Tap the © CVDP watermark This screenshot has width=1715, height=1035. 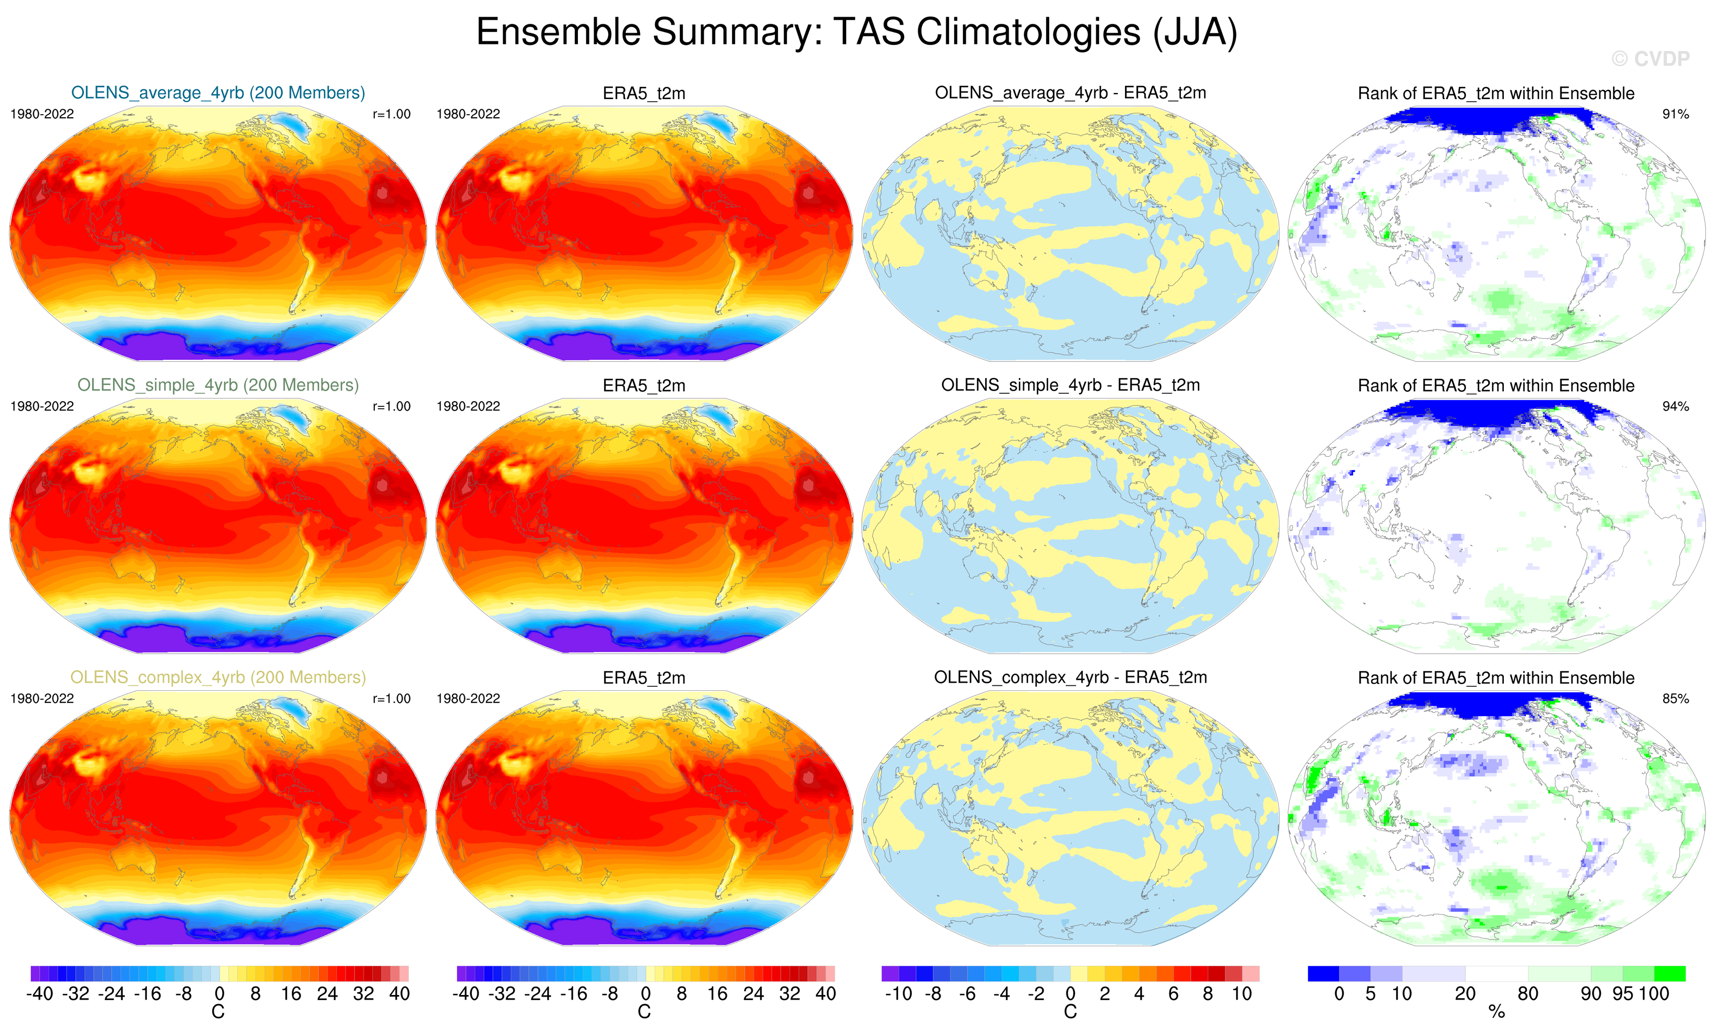pos(1650,59)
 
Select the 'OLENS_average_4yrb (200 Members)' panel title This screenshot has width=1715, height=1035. pos(218,92)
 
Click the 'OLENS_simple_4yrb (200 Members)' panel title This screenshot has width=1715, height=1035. pos(218,385)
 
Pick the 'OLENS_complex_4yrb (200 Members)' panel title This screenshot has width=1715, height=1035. pos(218,677)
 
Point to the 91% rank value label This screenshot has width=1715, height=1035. pos(1675,114)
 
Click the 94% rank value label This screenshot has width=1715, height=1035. pos(1675,406)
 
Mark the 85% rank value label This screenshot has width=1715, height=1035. pos(1675,698)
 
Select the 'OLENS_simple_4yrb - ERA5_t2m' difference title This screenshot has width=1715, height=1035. pos(1070,385)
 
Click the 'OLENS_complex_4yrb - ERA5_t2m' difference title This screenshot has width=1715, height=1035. pos(1070,677)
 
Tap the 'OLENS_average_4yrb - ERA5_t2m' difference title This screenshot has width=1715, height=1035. pos(1070,92)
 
